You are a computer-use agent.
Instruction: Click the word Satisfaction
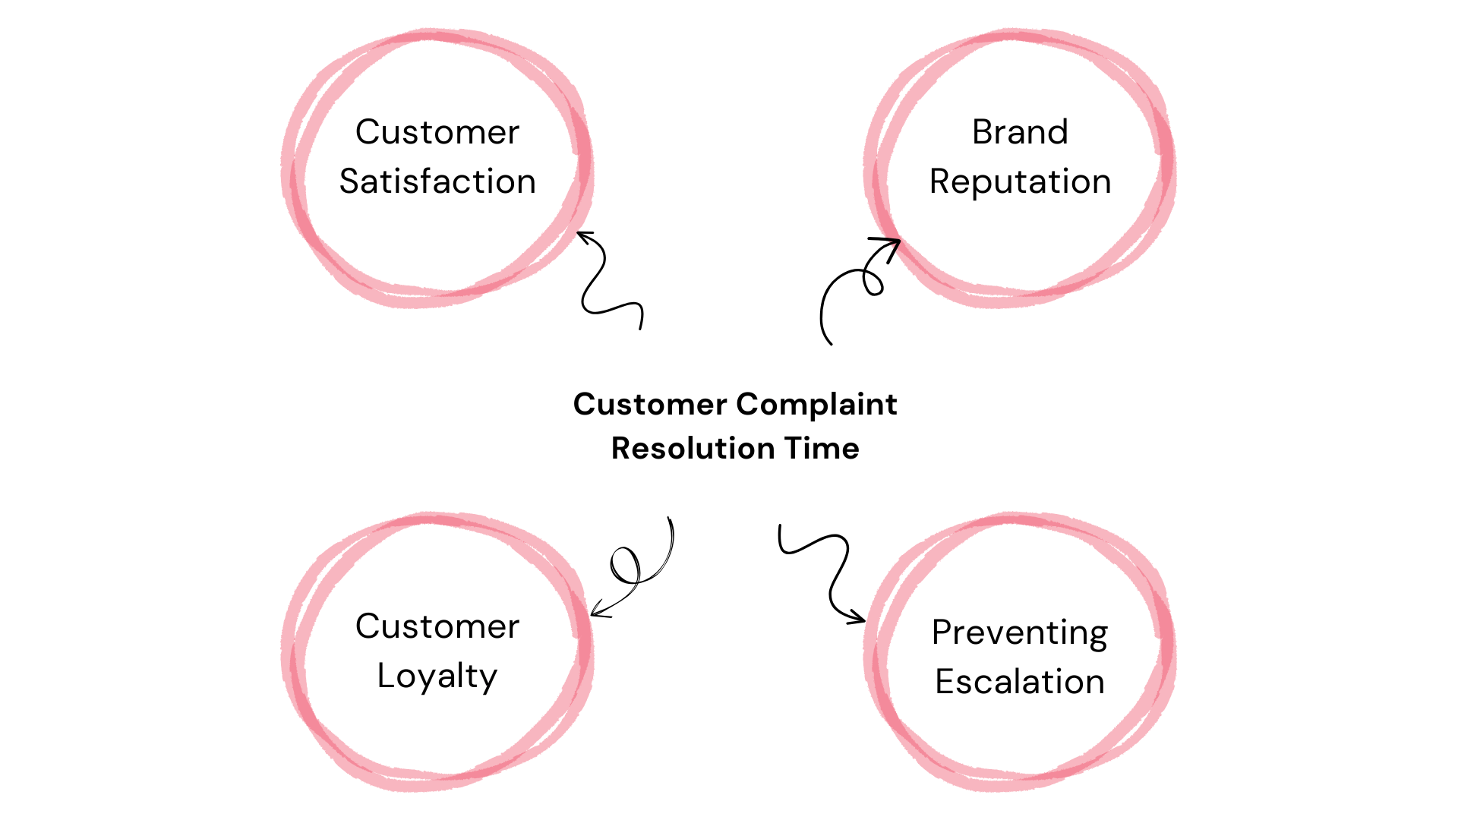437,182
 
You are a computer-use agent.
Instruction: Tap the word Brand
1020,132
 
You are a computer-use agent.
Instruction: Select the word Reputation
1020,182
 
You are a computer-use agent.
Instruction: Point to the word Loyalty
437,676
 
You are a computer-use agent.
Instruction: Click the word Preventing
1020,632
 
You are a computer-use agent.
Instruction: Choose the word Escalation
1020,682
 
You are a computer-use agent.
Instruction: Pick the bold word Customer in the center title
650,405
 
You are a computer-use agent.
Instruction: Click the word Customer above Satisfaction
437,132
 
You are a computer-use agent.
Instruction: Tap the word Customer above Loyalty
437,626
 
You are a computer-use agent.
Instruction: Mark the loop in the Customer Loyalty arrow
625,566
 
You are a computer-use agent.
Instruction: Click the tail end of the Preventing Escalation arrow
780,526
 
